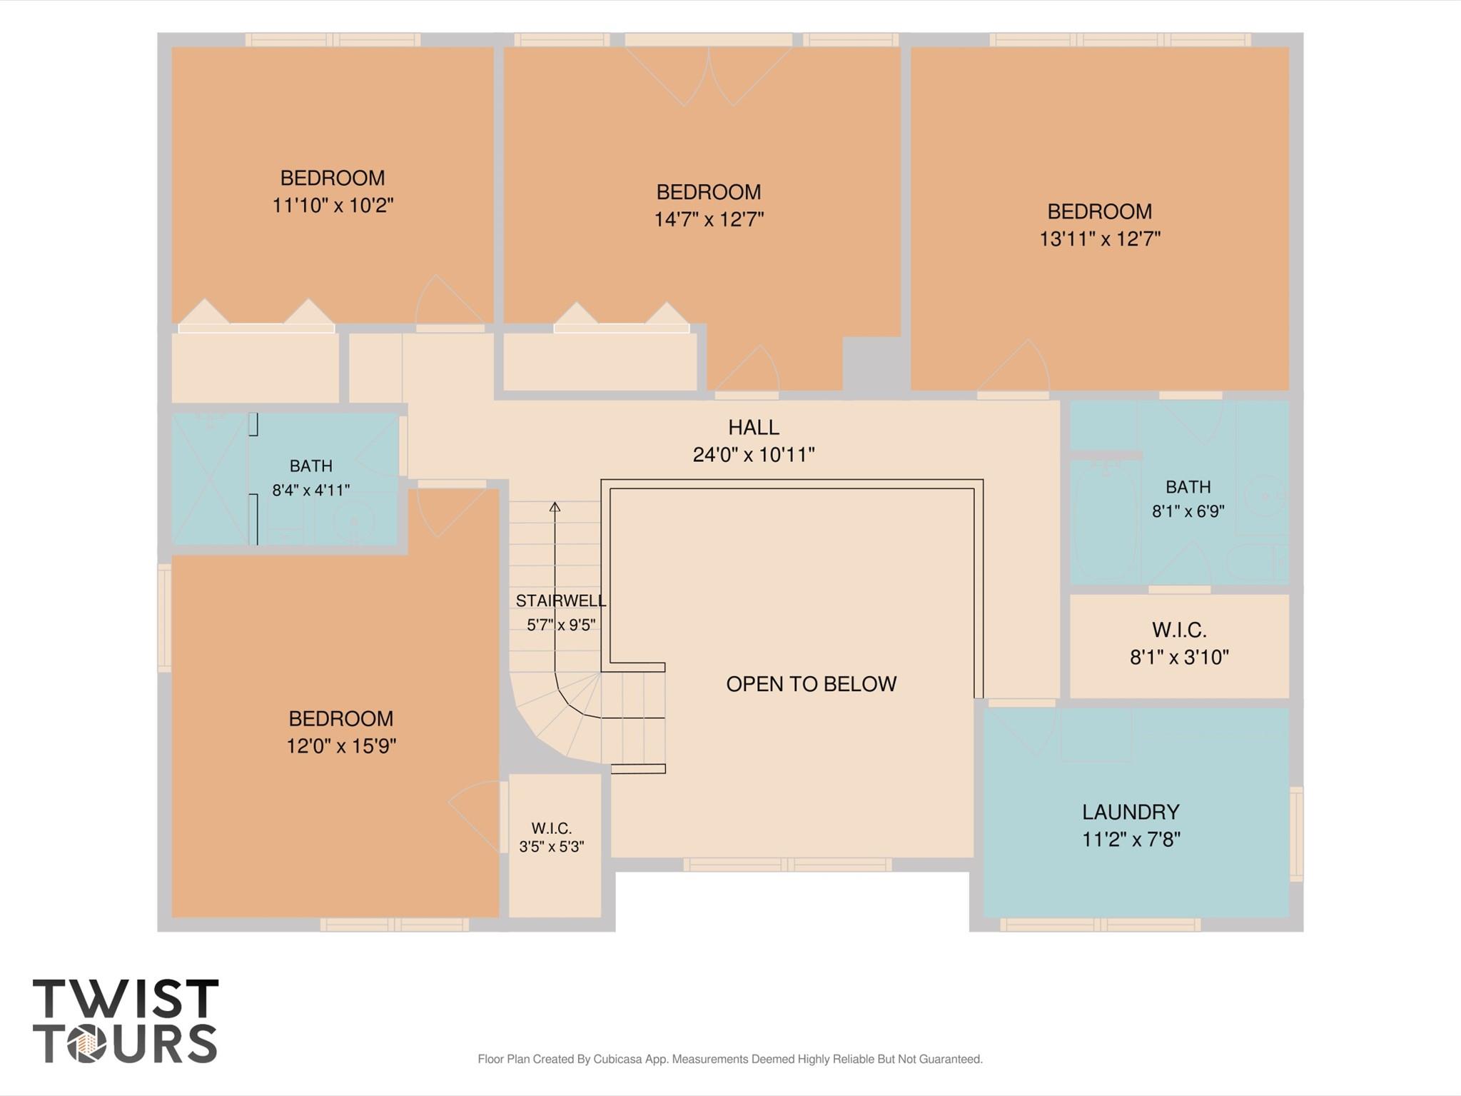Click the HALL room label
click(754, 428)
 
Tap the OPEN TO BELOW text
click(811, 684)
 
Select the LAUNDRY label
click(1131, 812)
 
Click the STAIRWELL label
click(561, 600)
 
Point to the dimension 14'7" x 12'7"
click(709, 219)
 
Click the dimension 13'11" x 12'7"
click(1099, 238)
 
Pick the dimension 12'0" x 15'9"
click(341, 746)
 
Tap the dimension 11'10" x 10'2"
click(333, 206)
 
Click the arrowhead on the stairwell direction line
click(555, 506)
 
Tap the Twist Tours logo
click(126, 1021)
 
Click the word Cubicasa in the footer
click(617, 1059)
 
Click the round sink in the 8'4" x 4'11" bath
click(354, 521)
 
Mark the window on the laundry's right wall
click(1296, 833)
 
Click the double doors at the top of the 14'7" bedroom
click(709, 76)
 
